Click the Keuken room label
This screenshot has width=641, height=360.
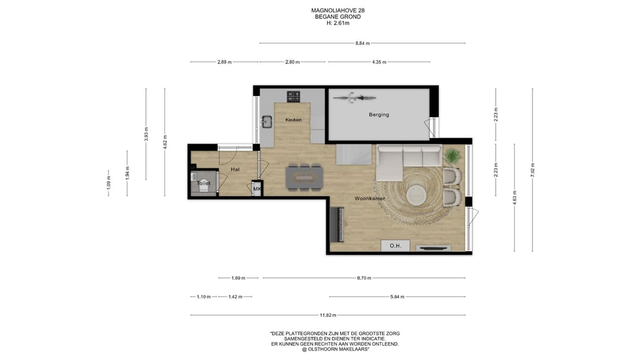pyautogui.click(x=293, y=120)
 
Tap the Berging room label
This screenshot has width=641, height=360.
pyautogui.click(x=379, y=114)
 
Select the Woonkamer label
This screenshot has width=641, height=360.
pyautogui.click(x=370, y=199)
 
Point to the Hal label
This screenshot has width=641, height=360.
pyautogui.click(x=235, y=169)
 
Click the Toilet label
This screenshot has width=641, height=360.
pyautogui.click(x=204, y=183)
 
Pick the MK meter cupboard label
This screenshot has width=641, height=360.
pyautogui.click(x=257, y=189)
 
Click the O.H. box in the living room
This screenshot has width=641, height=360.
pyautogui.click(x=395, y=246)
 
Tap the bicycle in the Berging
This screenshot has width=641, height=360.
pyautogui.click(x=354, y=98)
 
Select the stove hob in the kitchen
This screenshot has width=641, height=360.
pyautogui.click(x=293, y=97)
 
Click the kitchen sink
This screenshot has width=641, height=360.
pyautogui.click(x=267, y=121)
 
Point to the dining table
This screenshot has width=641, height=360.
pyautogui.click(x=304, y=177)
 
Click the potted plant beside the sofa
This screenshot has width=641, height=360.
pyautogui.click(x=452, y=156)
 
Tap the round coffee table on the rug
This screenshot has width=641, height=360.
pyautogui.click(x=416, y=195)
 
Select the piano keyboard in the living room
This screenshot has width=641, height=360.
pyautogui.click(x=337, y=225)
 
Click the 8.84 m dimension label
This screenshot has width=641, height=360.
pyautogui.click(x=362, y=43)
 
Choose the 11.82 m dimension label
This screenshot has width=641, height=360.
pyautogui.click(x=328, y=315)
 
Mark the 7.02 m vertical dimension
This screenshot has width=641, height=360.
pyautogui.click(x=532, y=170)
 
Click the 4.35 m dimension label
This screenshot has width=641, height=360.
pyautogui.click(x=379, y=62)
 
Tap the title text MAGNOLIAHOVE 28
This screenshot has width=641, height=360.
pyautogui.click(x=338, y=11)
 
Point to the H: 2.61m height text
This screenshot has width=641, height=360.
pyautogui.click(x=338, y=23)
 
